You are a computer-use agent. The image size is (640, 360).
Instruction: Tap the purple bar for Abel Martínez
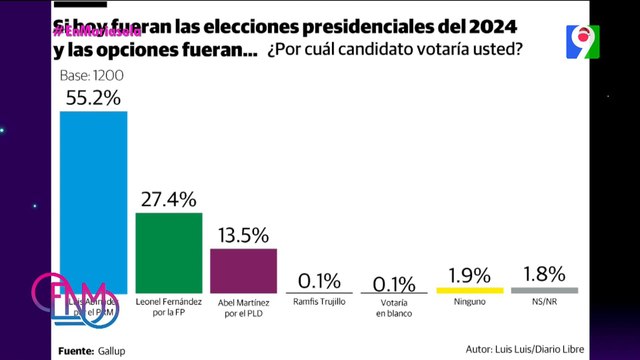pyautogui.click(x=243, y=270)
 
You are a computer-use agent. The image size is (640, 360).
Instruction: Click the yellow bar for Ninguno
pyautogui.click(x=469, y=290)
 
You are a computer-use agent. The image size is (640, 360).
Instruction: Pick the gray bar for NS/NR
pyautogui.click(x=544, y=290)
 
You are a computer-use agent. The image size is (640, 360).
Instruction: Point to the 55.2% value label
pyautogui.click(x=94, y=97)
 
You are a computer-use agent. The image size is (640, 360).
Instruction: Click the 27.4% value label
pyautogui.click(x=168, y=199)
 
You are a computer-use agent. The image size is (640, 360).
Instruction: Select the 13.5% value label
pyautogui.click(x=243, y=235)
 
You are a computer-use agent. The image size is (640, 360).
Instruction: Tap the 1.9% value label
pyautogui.click(x=469, y=273)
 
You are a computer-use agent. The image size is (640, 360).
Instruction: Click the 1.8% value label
pyautogui.click(x=544, y=273)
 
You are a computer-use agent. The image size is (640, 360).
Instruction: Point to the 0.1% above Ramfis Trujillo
pyautogui.click(x=319, y=280)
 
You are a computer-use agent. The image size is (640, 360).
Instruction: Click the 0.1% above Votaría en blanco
pyautogui.click(x=394, y=280)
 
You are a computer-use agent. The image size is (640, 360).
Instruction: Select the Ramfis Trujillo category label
pyautogui.click(x=319, y=300)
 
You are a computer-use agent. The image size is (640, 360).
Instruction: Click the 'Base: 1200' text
pyautogui.click(x=92, y=76)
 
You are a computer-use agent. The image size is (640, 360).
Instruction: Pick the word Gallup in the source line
pyautogui.click(x=112, y=349)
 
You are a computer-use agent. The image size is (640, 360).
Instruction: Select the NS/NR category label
pyautogui.click(x=544, y=300)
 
